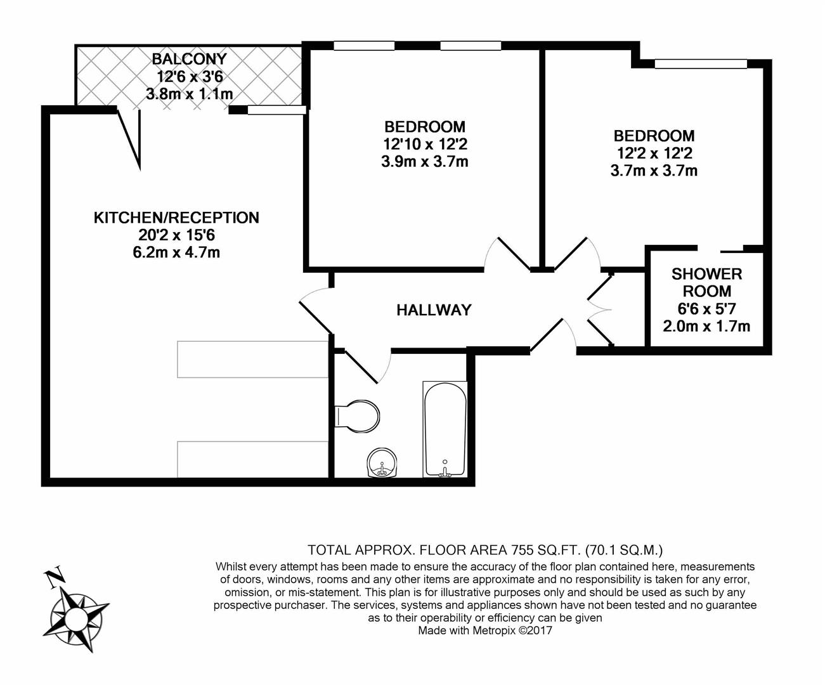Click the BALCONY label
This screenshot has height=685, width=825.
point(189,59)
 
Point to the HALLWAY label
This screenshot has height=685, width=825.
point(434,310)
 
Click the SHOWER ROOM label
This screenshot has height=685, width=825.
point(706,283)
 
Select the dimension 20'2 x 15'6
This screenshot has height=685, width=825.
point(177,235)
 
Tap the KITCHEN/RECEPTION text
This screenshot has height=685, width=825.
point(176,218)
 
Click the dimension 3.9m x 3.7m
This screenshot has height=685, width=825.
point(424,162)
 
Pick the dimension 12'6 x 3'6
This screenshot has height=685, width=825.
point(189,77)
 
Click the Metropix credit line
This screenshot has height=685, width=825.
point(485,630)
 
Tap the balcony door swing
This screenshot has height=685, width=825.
point(130,136)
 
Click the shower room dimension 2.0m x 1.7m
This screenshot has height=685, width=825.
point(706,327)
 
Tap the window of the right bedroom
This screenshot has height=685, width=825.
point(701,63)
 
